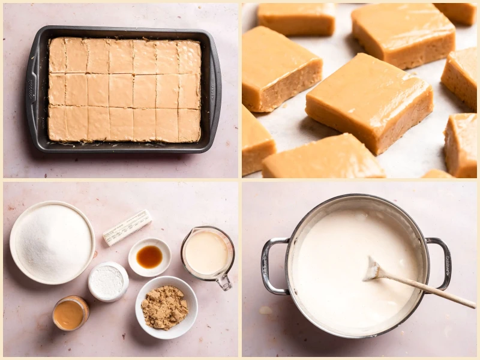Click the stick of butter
127,227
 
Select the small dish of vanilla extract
149,257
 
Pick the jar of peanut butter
70,313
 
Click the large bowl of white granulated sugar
52,242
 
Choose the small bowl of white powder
108,281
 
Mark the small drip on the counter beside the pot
265,310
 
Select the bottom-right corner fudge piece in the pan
189,125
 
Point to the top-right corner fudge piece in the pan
189,57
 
